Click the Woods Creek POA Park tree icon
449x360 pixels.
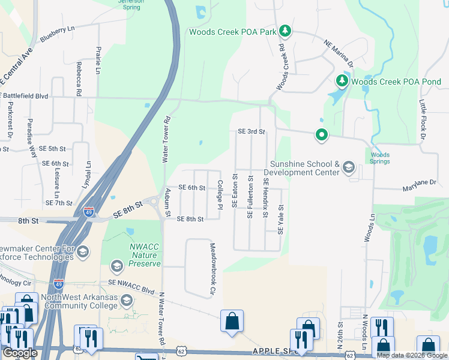pyautogui.click(x=286, y=31)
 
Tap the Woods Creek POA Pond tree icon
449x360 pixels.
pyautogui.click(x=342, y=80)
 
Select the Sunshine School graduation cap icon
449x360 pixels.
pyautogui.click(x=348, y=167)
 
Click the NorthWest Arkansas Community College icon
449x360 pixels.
pyautogui.click(x=126, y=299)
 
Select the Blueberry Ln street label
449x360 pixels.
pyautogui.click(x=58, y=33)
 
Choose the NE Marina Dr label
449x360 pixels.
pyautogui.click(x=339, y=52)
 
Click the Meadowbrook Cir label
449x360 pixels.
pyautogui.click(x=212, y=269)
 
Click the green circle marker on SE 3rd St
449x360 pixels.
pyautogui.click(x=322, y=136)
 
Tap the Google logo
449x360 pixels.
pyautogui.click(x=20, y=353)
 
